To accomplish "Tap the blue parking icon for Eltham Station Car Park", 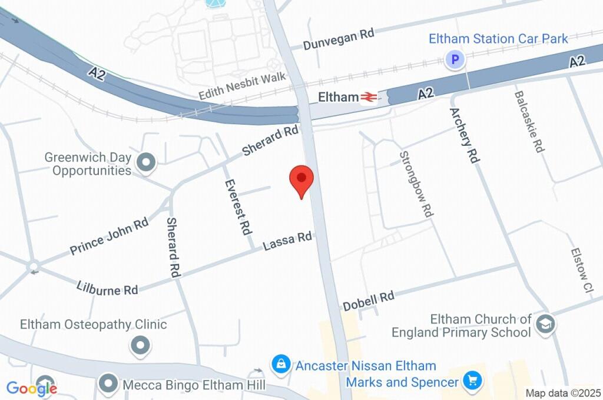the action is tap(454, 59).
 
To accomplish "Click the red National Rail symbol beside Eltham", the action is tap(369, 97).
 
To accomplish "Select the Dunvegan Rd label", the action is tap(339, 39).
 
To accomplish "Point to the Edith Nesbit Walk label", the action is tap(242, 86).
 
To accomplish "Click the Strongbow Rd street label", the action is tap(416, 184).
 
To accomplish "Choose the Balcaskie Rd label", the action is tap(528, 122).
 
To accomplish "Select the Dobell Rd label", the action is tap(369, 300).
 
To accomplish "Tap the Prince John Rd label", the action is tap(109, 237).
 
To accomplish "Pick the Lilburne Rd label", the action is tap(107, 288).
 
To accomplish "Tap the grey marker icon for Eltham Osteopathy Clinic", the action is tap(140, 345).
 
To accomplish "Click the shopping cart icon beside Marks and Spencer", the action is tap(471, 381).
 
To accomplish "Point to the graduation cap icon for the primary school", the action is tap(545, 324).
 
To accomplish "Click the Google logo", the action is tap(32, 388).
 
